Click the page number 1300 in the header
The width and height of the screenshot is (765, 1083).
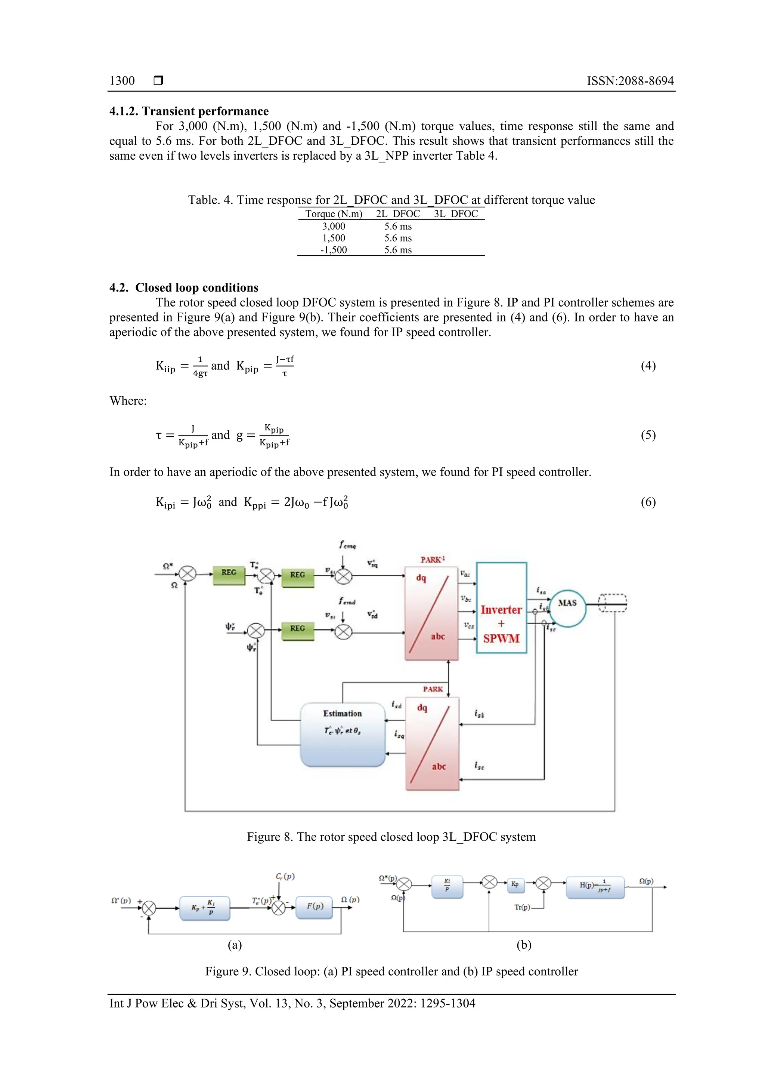[122, 81]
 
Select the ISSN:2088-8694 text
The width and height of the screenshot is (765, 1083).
[630, 81]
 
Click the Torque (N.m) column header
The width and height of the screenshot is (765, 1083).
[334, 214]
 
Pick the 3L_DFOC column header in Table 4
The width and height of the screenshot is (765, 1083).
[456, 214]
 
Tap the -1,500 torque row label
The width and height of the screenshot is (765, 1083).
[333, 250]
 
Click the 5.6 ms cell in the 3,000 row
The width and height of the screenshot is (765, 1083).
[398, 227]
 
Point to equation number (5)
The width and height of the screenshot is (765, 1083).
[648, 435]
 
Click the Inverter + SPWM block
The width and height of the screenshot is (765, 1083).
[501, 607]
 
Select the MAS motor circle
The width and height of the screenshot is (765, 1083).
[567, 609]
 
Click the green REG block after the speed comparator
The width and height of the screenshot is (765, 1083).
[229, 573]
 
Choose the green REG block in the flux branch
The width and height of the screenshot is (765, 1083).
[297, 629]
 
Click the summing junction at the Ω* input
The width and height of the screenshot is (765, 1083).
[188, 574]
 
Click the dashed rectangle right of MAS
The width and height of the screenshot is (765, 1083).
[612, 603]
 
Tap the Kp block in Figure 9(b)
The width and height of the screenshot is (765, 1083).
[515, 884]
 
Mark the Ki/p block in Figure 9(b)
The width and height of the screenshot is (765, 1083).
[447, 886]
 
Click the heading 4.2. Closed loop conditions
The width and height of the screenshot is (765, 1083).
[184, 288]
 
